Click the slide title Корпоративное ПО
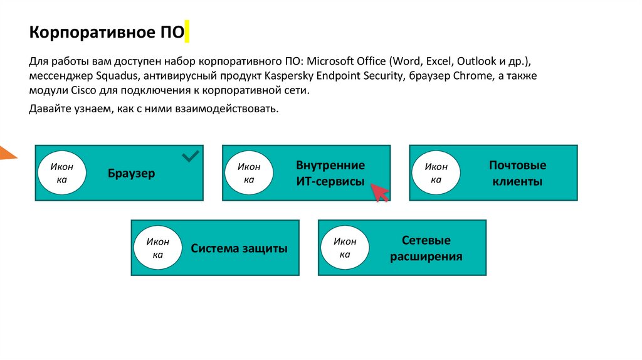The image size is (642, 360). pyautogui.click(x=107, y=32)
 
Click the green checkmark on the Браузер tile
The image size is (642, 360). pyautogui.click(x=190, y=156)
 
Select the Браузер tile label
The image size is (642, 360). pyautogui.click(x=131, y=174)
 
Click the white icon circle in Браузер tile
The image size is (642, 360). pyautogui.click(x=61, y=173)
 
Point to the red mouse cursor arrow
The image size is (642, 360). pyautogui.click(x=379, y=193)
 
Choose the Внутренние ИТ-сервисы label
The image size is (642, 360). pyautogui.click(x=330, y=174)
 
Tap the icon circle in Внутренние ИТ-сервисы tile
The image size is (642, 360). pyautogui.click(x=248, y=173)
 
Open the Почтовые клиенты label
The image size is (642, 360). pyautogui.click(x=517, y=174)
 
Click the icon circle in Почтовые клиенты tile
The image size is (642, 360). pyautogui.click(x=436, y=173)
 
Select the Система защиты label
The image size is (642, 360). pyautogui.click(x=239, y=248)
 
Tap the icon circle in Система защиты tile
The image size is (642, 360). pyautogui.click(x=157, y=248)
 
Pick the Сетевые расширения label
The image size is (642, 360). pyautogui.click(x=426, y=248)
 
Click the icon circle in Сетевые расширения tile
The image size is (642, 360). pyautogui.click(x=345, y=248)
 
